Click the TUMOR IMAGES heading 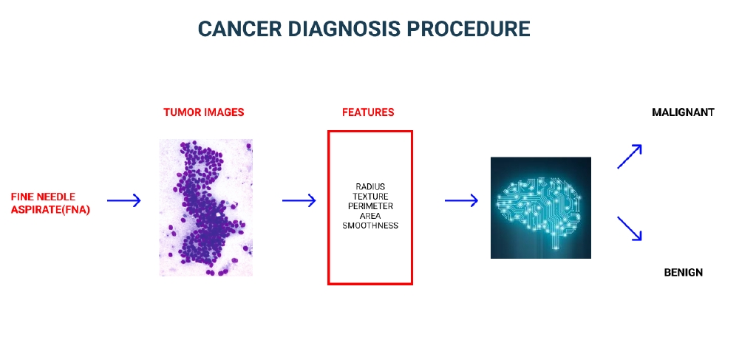204,112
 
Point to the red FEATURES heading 368,112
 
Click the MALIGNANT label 683,112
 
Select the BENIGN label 683,272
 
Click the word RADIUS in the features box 370,186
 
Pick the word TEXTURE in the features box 370,196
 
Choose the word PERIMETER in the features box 370,206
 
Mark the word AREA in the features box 370,215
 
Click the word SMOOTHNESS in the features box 370,225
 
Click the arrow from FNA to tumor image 123,200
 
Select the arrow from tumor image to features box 299,200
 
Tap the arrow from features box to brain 461,200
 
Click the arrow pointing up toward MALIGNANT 630,156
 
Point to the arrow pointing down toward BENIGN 630,228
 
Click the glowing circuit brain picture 540,207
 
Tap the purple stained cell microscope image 206,207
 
